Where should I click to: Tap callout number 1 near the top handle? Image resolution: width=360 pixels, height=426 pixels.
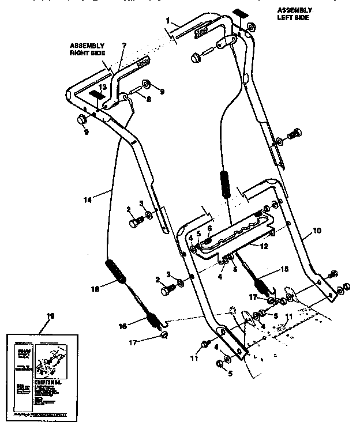click(168, 21)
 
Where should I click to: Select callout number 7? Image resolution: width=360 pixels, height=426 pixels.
click(123, 46)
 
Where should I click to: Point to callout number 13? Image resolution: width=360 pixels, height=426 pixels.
click(102, 86)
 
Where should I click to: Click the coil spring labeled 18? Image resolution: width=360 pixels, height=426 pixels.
click(115, 273)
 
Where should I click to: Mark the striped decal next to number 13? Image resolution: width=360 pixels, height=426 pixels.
click(94, 95)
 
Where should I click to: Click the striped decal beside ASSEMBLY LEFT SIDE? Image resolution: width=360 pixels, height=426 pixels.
click(239, 12)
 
